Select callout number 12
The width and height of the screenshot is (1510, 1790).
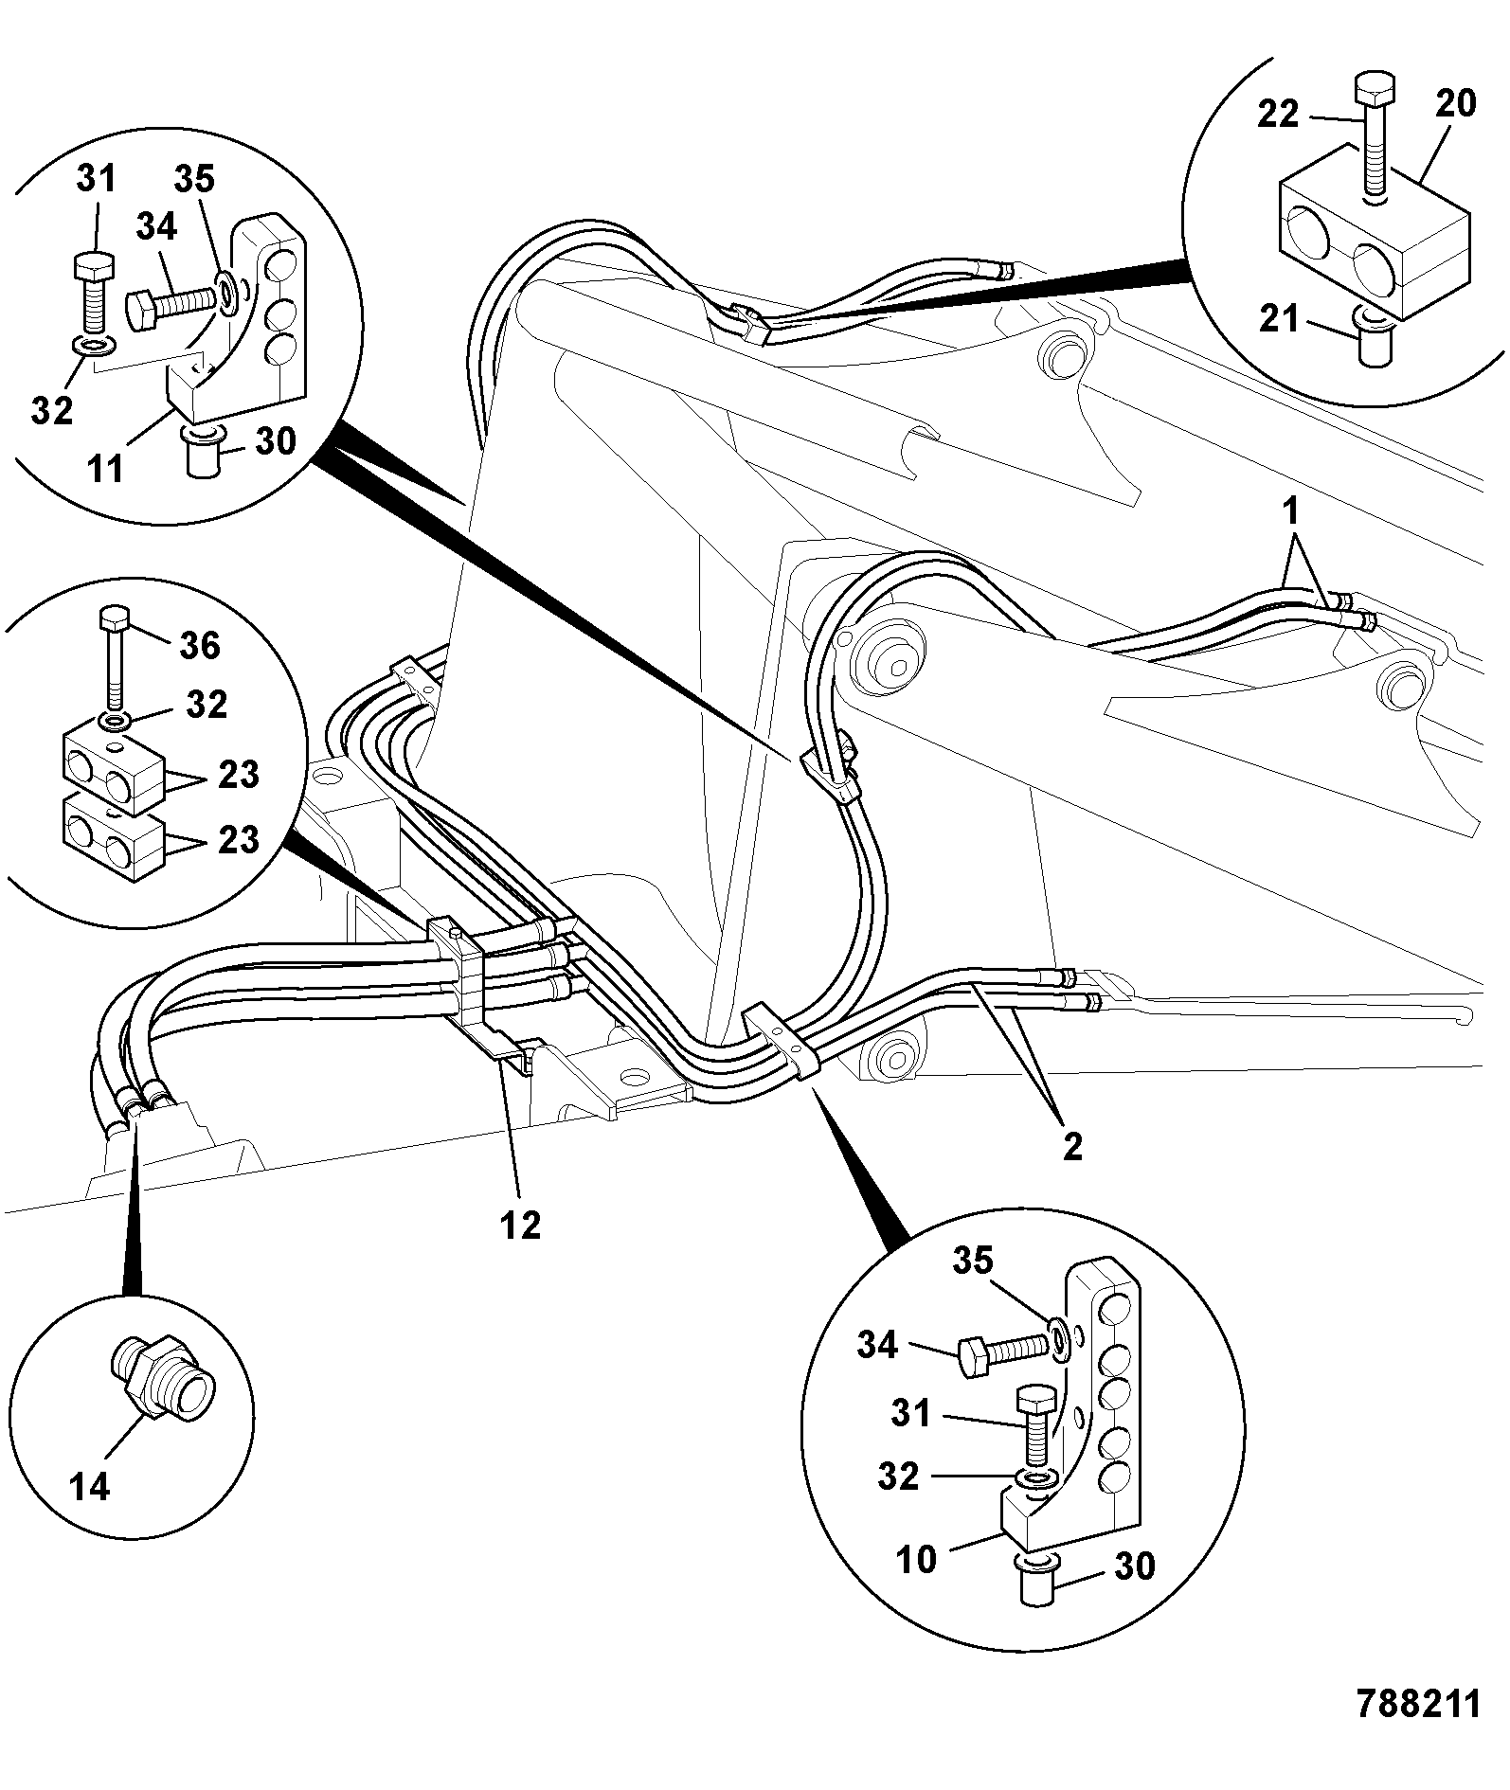tap(520, 1225)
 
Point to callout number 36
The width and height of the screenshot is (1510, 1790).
tap(199, 645)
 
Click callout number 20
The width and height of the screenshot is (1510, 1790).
tap(1455, 103)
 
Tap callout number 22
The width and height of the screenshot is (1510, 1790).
tap(1279, 115)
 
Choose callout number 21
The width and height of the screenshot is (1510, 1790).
tap(1279, 319)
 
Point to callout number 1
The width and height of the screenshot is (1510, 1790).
tap(1290, 512)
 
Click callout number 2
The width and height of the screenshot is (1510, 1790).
tap(1071, 1147)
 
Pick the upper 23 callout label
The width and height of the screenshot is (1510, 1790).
tap(238, 774)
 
